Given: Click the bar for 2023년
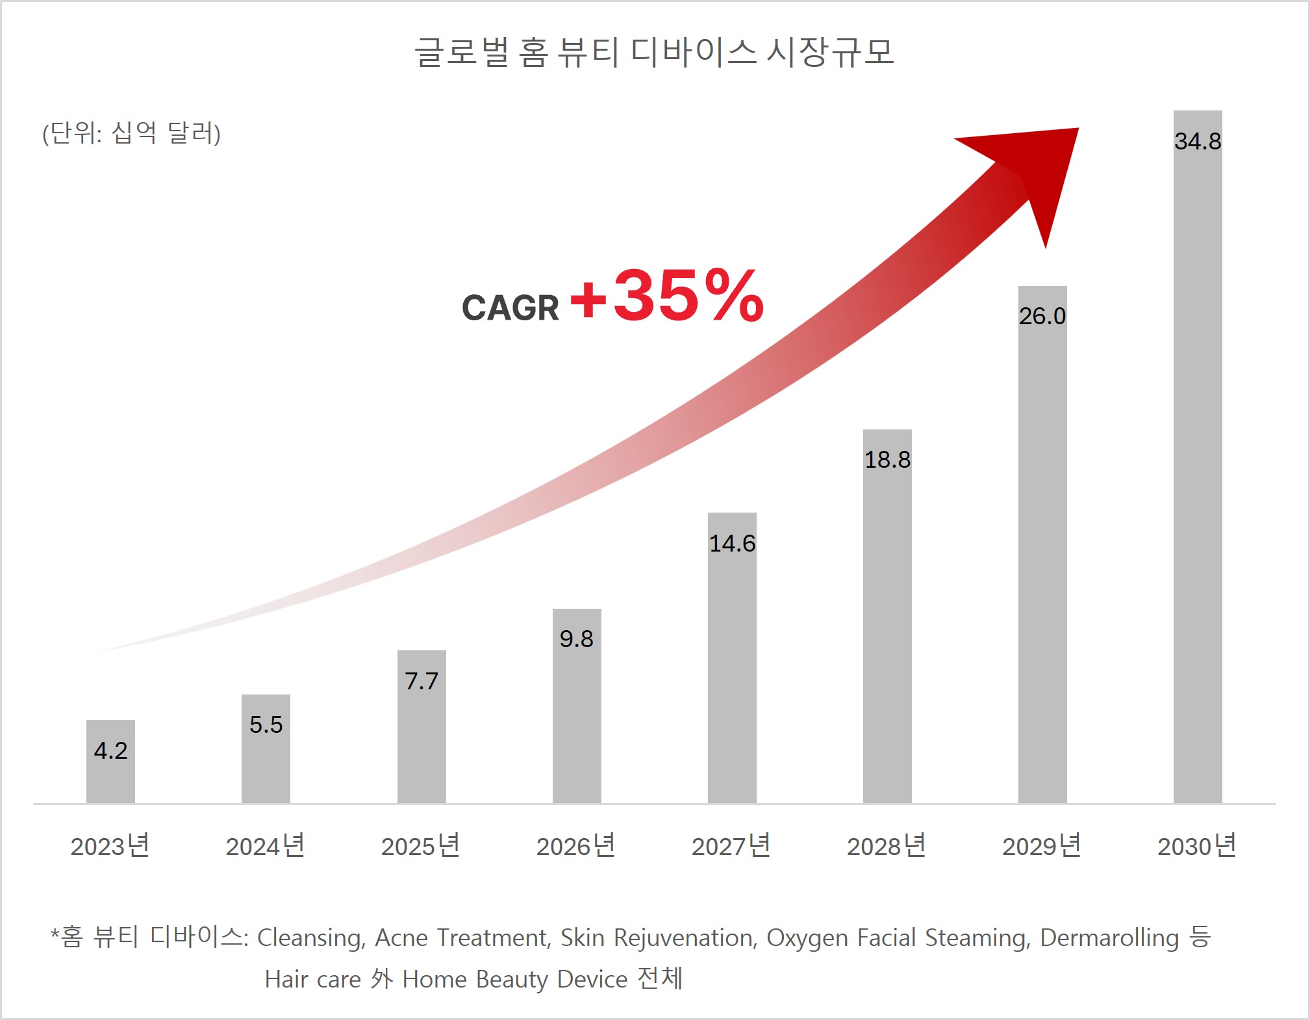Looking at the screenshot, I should pos(110,776).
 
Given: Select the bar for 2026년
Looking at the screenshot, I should pos(577,721).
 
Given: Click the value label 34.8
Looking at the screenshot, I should pos(1198,141).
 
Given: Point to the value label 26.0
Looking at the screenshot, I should pos(1042,316).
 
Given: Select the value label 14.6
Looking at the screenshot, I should pos(732,543).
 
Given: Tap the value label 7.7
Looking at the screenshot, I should pos(422,681).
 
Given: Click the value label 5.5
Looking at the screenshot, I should pos(266,724).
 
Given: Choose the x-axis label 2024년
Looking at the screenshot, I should pos(265,846).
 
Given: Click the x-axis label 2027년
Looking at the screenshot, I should pos(731,846).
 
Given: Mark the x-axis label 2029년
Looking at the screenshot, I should pos(1042,846).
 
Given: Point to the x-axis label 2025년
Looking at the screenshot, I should pos(421,846).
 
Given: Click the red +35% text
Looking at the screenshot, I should pos(667,296).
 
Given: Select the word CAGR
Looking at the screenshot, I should pos(510,308).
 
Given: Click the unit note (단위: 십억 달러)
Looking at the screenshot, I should pos(132,133).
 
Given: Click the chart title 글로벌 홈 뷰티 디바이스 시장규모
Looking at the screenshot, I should pos(655,52).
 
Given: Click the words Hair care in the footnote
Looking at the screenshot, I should pos(312,979).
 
